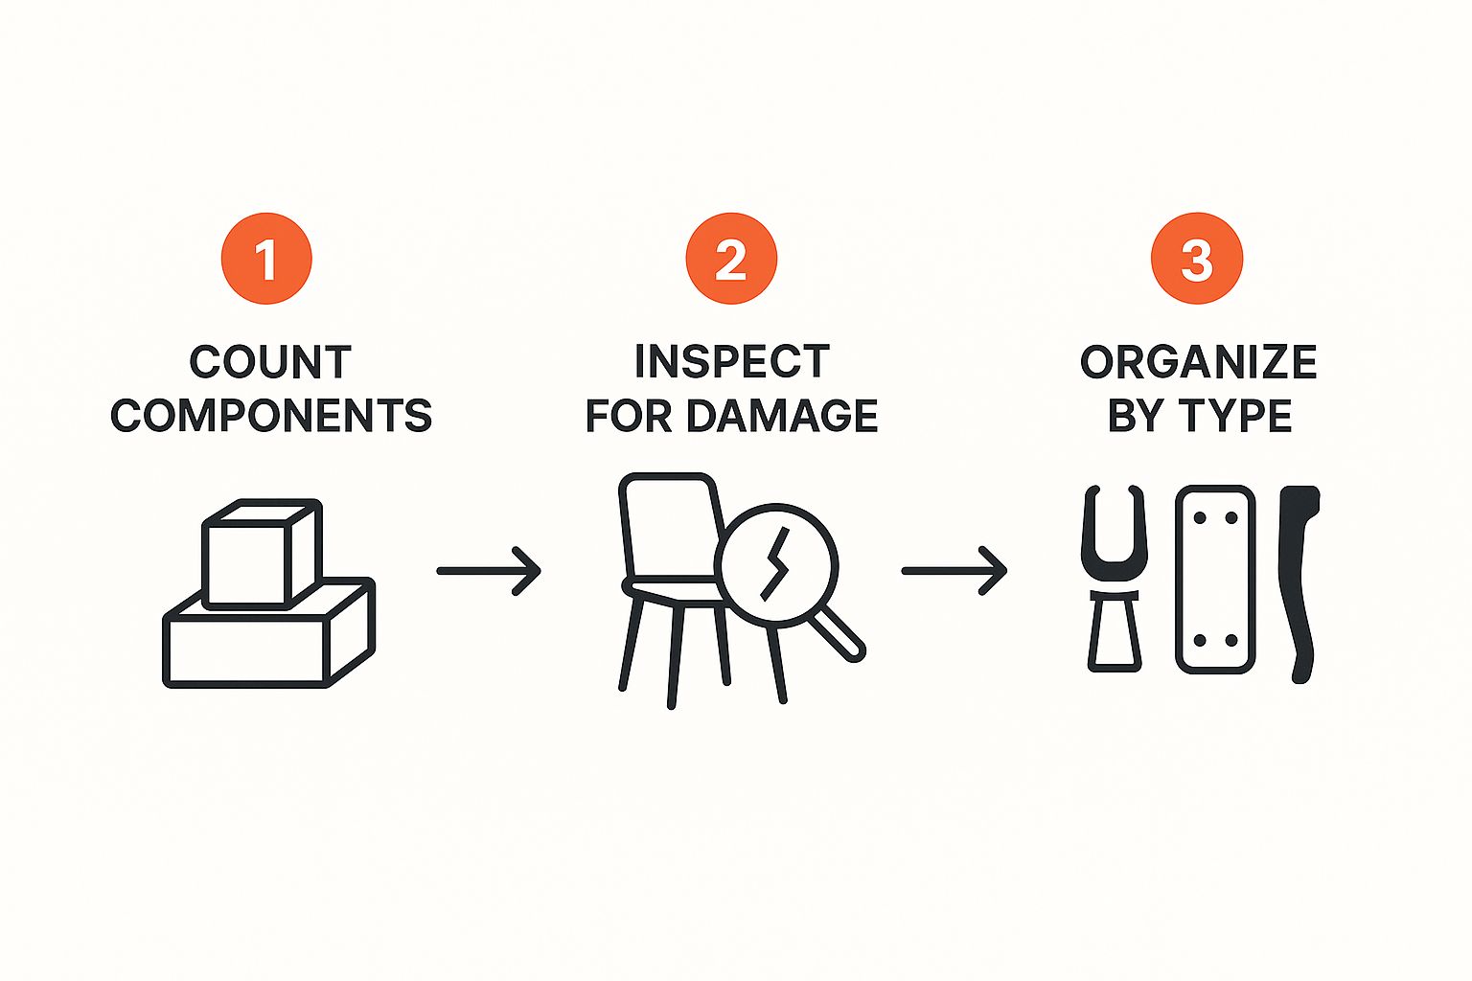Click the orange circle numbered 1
coord(266,259)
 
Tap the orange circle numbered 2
coord(731,259)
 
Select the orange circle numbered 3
coord(1197,259)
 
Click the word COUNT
coord(271,362)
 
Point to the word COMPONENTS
coord(271,415)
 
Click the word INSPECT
coord(732,361)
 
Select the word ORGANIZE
coord(1199,361)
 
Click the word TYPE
coord(1236,415)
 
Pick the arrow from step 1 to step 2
coord(489,571)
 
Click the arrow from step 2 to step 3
coord(954,571)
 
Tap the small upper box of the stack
coord(263,554)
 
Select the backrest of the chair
coord(670,526)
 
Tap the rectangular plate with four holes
coord(1215,580)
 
